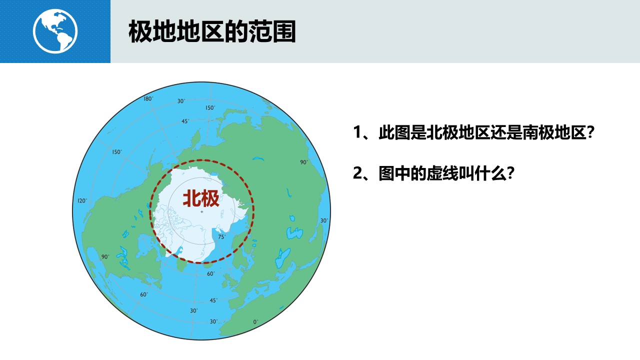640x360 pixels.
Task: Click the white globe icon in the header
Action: pyautogui.click(x=55, y=31)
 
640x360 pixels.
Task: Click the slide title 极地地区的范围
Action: pyautogui.click(x=212, y=31)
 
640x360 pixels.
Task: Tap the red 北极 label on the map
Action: pyautogui.click(x=201, y=198)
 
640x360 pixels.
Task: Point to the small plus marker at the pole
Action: pyautogui.click(x=201, y=211)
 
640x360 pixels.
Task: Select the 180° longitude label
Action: pyautogui.click(x=148, y=99)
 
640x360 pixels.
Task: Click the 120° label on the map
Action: pyautogui.click(x=82, y=201)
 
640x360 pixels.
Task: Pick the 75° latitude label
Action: pyautogui.click(x=221, y=237)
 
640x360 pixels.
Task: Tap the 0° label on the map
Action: pyautogui.click(x=255, y=322)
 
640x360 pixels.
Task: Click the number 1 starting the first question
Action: pyautogui.click(x=357, y=132)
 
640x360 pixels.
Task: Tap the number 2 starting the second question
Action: pyautogui.click(x=357, y=173)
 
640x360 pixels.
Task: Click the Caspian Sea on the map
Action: pyautogui.click(x=294, y=233)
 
